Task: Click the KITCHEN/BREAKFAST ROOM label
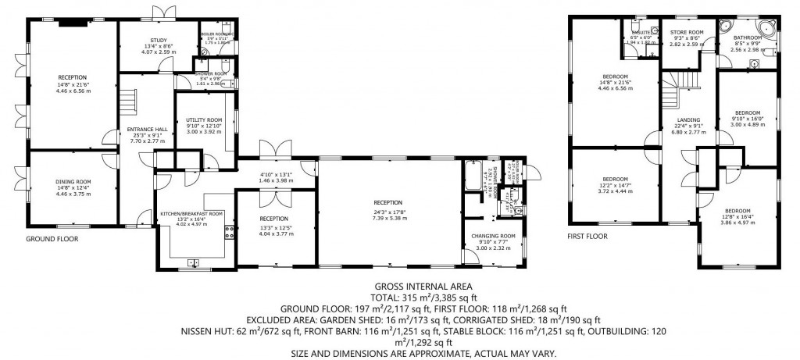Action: tap(191, 213)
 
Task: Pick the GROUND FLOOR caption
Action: tap(52, 239)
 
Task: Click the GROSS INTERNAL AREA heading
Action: tap(400, 287)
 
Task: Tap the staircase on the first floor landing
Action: tap(676, 84)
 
